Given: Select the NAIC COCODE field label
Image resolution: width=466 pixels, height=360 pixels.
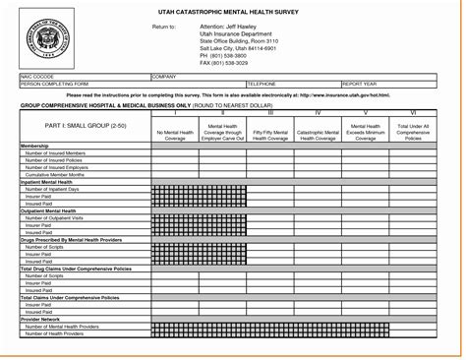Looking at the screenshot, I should tap(37, 76).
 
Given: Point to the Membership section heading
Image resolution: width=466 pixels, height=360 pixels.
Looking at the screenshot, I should tap(35, 146).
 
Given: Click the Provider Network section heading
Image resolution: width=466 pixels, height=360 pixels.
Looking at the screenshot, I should tap(41, 318).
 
